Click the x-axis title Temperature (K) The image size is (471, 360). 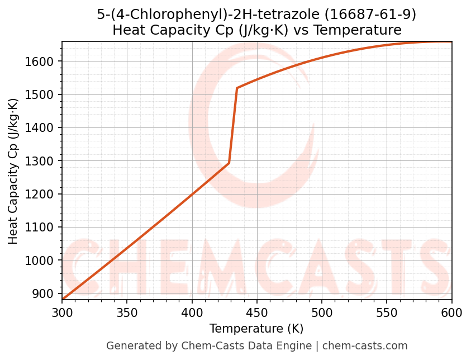pyautogui.click(x=256, y=329)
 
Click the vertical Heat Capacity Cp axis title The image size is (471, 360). pyautogui.click(x=13, y=171)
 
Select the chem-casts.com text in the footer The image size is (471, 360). pyautogui.click(x=365, y=346)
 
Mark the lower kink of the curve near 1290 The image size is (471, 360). pyautogui.click(x=229, y=163)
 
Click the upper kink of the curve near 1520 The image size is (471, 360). pyautogui.click(x=237, y=88)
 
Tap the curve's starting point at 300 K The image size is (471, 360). pyautogui.click(x=63, y=300)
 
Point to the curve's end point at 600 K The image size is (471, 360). pyautogui.click(x=451, y=42)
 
